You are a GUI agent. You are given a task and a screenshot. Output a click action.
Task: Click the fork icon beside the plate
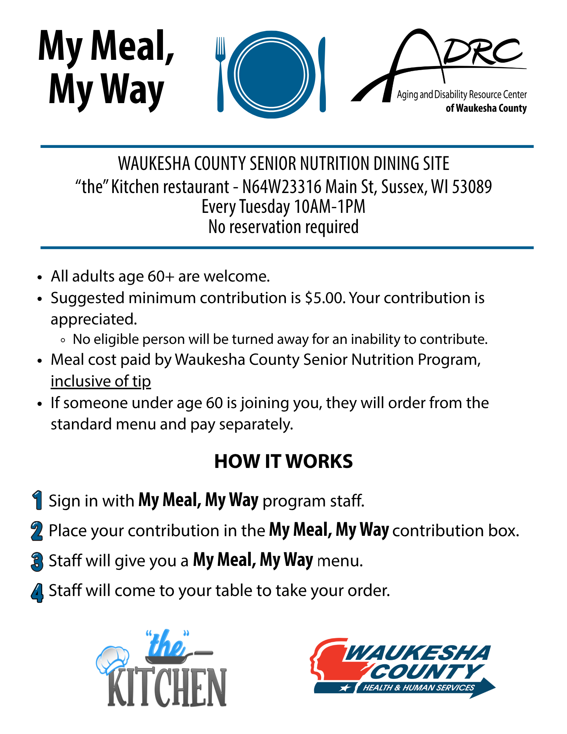point(220,73)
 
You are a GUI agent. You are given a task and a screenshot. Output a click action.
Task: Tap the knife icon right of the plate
point(322,73)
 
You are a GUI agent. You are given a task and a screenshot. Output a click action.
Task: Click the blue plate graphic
point(271,75)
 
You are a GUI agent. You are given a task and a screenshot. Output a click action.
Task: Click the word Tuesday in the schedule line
point(265,207)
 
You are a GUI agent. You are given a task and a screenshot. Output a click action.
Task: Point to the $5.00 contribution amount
point(325,298)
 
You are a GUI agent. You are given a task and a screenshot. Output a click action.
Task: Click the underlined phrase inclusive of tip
point(101,381)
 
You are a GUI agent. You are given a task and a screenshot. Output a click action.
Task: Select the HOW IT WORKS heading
point(283,461)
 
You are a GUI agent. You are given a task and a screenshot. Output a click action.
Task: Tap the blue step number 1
point(37,500)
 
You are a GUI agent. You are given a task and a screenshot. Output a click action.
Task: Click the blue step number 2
point(37,531)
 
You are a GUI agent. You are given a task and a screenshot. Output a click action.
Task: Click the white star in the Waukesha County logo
point(345,688)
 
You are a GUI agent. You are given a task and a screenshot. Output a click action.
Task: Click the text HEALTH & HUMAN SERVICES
point(418,687)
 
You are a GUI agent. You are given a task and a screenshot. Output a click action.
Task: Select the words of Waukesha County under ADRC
point(486,108)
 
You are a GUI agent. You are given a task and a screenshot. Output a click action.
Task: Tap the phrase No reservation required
point(283,227)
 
